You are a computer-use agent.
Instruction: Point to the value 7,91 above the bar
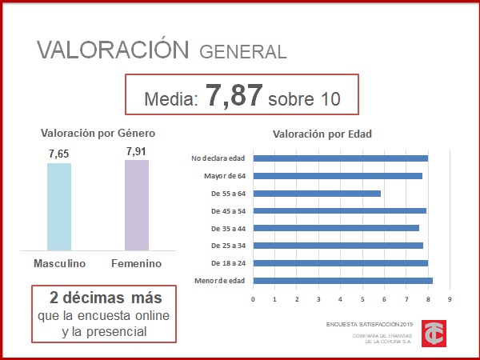tap(137, 150)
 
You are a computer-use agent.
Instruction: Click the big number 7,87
tap(234, 95)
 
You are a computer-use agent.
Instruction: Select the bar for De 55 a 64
tap(317, 193)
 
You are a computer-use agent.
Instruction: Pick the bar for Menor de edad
tap(343, 280)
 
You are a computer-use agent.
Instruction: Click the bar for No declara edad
tap(341, 158)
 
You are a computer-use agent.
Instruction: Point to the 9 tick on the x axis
tap(450, 300)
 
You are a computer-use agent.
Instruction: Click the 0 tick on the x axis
tap(253, 300)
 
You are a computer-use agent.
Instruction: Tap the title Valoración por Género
tap(98, 133)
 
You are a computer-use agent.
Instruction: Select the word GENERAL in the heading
tap(242, 52)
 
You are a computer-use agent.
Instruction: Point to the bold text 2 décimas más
tap(106, 298)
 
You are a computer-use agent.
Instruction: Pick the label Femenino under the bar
tap(137, 263)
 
